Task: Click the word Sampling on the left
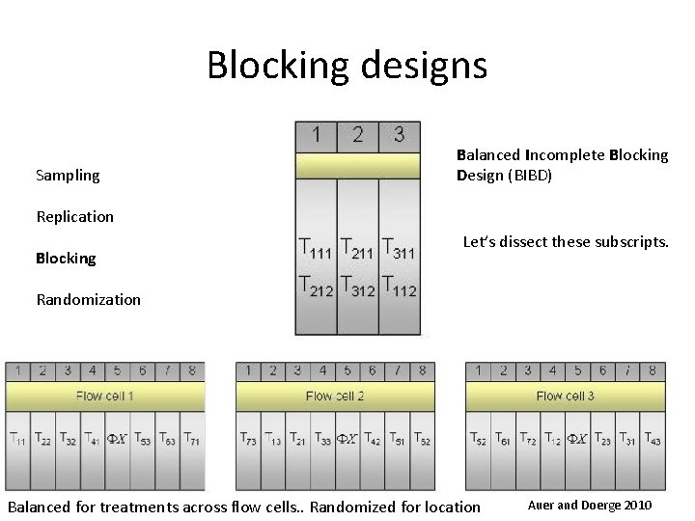[68, 175]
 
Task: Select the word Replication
[74, 216]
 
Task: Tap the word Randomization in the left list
[88, 299]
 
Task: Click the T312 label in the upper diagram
[358, 287]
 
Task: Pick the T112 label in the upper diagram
[400, 287]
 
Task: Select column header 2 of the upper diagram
[358, 134]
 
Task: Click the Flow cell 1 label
[104, 396]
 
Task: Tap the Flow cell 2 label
[334, 396]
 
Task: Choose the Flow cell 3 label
[565, 396]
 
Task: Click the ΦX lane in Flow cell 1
[117, 439]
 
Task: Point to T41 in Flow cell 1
[93, 439]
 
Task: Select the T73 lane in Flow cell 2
[249, 439]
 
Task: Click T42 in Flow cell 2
[373, 439]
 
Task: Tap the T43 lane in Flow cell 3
[652, 439]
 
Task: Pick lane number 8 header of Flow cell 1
[191, 370]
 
